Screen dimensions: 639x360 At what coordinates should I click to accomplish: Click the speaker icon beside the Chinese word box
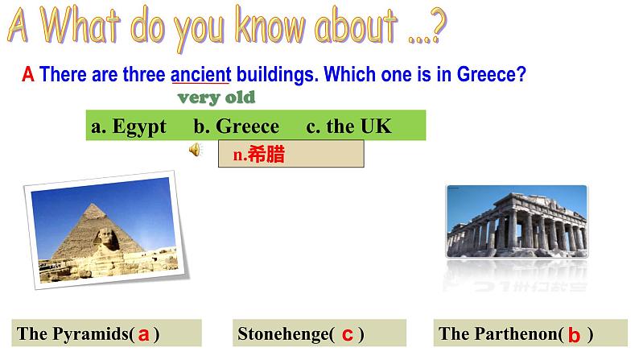196,150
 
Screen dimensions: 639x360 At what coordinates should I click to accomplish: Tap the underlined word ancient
200,75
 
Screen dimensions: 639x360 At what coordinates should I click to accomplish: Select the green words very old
216,97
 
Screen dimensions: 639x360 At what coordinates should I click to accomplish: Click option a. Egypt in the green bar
129,126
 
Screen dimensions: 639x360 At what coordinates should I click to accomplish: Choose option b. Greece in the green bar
237,126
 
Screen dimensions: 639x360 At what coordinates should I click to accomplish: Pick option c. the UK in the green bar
348,126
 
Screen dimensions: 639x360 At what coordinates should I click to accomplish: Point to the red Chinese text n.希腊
259,154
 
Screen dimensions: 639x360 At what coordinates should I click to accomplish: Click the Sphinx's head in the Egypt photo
107,238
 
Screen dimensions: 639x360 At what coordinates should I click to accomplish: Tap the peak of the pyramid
94,205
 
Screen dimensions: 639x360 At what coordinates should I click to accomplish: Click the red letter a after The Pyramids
143,334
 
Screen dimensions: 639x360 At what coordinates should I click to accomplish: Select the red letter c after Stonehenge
347,334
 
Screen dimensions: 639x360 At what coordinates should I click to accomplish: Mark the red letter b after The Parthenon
574,334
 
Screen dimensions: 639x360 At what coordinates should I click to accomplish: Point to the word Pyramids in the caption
91,334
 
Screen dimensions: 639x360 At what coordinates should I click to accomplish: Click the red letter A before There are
27,75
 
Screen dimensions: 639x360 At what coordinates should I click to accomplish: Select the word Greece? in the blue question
492,75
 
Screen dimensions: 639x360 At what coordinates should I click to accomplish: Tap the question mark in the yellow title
439,25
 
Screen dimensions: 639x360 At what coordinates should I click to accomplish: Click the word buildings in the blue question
277,75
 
